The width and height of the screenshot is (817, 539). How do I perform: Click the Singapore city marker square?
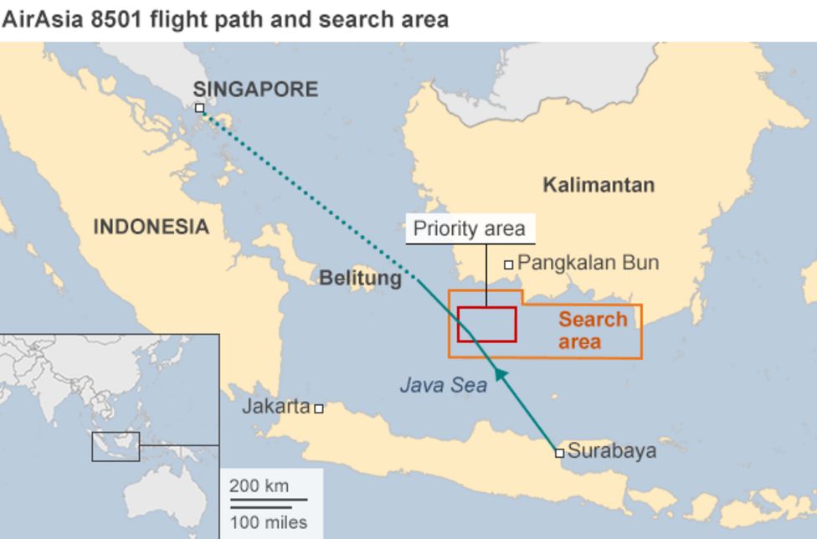coord(199,108)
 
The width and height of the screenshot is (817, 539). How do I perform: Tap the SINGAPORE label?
coord(255,90)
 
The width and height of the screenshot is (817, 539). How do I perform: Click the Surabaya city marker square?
coord(559,453)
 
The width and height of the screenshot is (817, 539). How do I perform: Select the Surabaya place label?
coord(611,451)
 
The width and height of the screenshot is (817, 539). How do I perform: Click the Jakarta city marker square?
coord(319,408)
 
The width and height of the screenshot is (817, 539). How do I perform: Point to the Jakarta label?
coord(276,407)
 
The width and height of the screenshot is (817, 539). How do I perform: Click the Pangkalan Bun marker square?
coord(508,264)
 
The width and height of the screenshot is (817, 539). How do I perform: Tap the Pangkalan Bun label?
coord(588,263)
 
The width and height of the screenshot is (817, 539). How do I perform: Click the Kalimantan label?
coord(599,185)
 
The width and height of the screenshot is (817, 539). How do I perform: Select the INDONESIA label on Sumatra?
coord(151,227)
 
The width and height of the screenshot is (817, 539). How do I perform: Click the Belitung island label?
coord(360,278)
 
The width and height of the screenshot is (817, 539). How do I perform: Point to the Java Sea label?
coord(443,386)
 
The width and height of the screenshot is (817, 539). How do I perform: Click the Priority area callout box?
coord(470,228)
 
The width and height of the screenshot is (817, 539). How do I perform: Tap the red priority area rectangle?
coord(486,325)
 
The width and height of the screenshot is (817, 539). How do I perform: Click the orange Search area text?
coord(592,331)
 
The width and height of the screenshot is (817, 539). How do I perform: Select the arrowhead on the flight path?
coord(500,374)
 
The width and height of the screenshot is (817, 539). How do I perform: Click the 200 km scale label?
coord(259,485)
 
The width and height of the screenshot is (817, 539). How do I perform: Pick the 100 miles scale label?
coord(268,523)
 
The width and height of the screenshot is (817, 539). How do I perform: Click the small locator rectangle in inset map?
coord(116,446)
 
